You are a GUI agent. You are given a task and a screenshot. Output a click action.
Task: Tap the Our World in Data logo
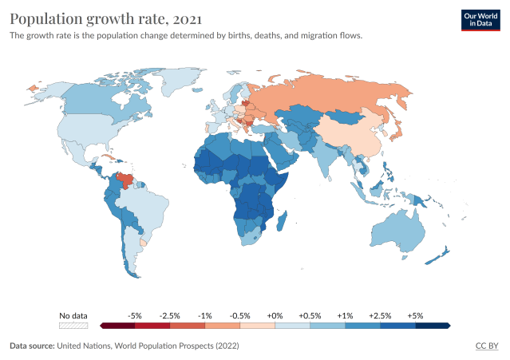click(480, 20)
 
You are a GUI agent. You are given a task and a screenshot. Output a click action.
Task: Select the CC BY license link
click(487, 346)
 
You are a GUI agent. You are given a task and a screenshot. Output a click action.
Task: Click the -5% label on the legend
click(135, 315)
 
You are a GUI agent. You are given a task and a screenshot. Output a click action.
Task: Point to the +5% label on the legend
click(415, 315)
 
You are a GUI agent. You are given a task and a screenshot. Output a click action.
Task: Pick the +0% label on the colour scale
click(275, 315)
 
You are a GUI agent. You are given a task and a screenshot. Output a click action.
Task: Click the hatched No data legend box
click(73, 326)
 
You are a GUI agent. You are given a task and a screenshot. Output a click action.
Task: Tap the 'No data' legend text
click(73, 315)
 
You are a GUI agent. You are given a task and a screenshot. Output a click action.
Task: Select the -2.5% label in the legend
click(170, 315)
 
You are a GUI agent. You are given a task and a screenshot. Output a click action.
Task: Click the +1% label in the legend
click(345, 315)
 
